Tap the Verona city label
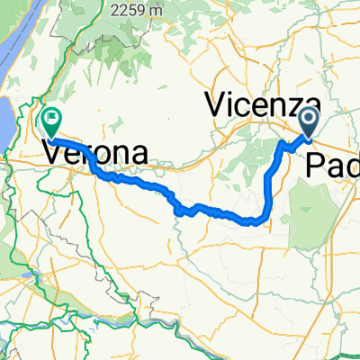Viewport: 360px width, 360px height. coord(94,154)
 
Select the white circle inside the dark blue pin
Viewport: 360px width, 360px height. coord(308,118)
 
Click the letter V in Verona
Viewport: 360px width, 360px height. coord(52,154)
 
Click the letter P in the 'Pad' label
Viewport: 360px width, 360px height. coord(315,163)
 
